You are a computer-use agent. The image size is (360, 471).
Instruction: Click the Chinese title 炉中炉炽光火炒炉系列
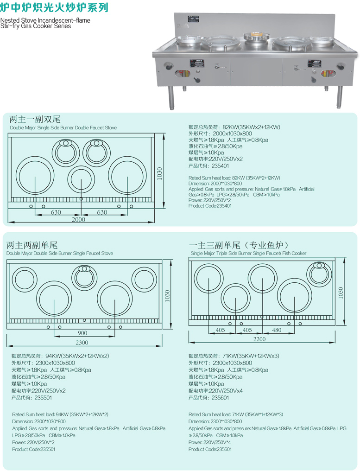tap(55, 7)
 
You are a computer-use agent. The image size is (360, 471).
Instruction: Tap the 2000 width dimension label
tap(78, 219)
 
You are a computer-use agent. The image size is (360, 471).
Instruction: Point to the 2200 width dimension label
tap(259, 339)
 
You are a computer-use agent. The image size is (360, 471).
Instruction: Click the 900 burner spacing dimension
tap(82, 333)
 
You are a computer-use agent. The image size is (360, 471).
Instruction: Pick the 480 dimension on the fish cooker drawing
tap(277, 330)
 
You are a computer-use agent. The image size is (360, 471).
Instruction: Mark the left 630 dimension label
tap(56, 212)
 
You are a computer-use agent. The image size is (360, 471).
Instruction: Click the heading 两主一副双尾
tap(35, 120)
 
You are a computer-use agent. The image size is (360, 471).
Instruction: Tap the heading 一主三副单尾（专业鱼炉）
tap(239, 245)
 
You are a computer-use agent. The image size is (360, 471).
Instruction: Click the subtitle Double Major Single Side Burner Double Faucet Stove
tap(63, 127)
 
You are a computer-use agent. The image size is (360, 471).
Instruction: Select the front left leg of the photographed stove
tap(171, 97)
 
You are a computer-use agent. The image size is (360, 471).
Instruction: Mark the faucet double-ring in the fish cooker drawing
tap(319, 266)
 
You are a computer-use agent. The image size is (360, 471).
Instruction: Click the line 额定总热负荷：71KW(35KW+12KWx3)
tap(234, 356)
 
